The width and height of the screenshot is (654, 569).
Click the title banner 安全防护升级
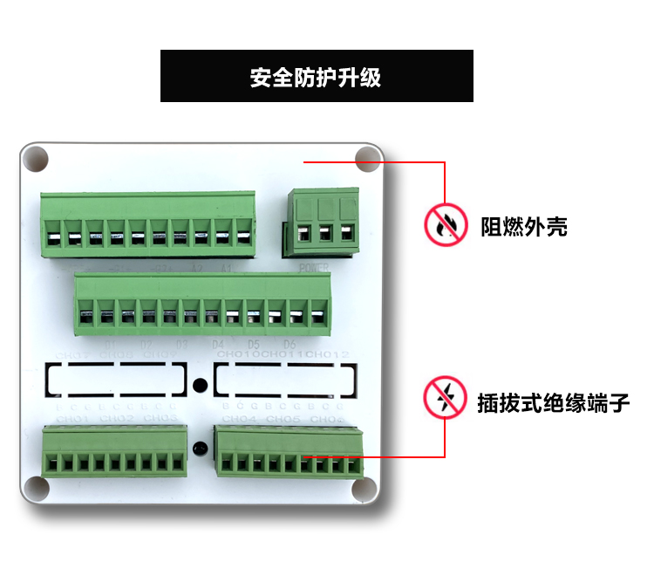[317, 77]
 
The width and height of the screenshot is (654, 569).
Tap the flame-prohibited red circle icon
[446, 225]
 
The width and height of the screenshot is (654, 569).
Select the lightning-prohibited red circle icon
[445, 398]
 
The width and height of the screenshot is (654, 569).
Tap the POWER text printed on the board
[314, 267]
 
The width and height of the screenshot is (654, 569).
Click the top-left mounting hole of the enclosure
[36, 159]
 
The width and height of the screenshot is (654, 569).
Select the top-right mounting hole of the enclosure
[368, 159]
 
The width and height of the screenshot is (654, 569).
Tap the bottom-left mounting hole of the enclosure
[36, 489]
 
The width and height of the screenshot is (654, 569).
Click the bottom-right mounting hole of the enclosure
[367, 489]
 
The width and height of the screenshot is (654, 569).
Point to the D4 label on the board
[219, 344]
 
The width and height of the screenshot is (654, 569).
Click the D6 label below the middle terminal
[290, 344]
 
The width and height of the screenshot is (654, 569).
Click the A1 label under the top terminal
[227, 267]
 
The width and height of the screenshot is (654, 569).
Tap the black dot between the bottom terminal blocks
[200, 450]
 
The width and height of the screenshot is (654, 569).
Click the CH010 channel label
[237, 355]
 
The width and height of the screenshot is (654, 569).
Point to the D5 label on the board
[255, 344]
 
